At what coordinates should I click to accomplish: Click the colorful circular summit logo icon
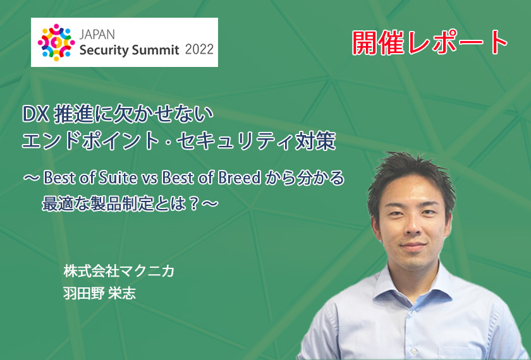pos(56,42)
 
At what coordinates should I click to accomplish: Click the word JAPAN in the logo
pos(97,35)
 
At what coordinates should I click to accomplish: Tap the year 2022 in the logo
pos(199,50)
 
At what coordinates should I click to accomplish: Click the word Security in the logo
pos(107,51)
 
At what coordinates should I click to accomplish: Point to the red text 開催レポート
pos(429,43)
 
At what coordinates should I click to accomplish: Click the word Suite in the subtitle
pos(118,178)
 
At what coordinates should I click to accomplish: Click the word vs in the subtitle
pos(149,179)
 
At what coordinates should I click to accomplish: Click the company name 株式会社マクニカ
pos(119,272)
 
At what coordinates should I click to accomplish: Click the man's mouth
pos(413,246)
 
